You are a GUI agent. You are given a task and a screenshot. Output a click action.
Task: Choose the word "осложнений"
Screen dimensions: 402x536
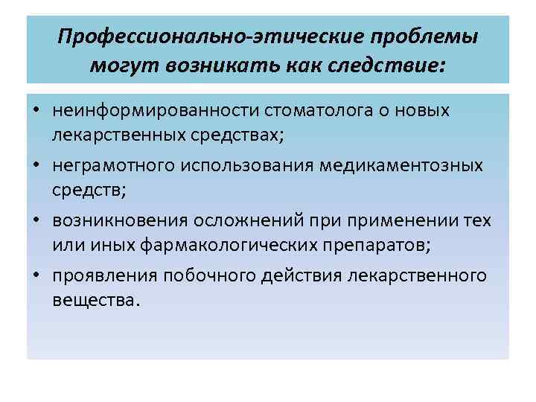point(266,221)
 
